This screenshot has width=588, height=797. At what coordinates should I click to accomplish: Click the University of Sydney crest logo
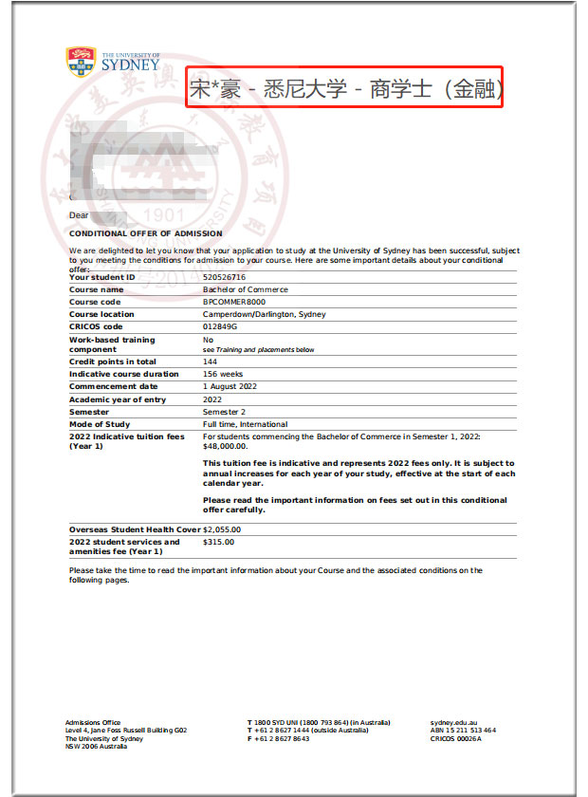tap(82, 62)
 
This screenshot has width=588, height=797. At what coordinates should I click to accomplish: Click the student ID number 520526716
tap(223, 277)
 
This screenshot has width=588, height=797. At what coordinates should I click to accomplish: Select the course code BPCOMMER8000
tap(234, 302)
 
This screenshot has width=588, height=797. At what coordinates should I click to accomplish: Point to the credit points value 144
tap(210, 361)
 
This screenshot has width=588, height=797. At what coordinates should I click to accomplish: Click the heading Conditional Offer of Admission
tap(146, 233)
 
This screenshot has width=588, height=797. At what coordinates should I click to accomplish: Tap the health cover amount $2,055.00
tap(222, 529)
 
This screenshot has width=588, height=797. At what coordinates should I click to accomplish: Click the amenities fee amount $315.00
tap(218, 542)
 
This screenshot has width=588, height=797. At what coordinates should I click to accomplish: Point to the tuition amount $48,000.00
tap(225, 445)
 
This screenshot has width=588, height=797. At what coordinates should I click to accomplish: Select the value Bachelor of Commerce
tap(246, 289)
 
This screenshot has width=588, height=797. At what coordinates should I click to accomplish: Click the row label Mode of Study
tap(101, 424)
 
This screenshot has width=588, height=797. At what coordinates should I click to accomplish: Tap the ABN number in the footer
tap(463, 731)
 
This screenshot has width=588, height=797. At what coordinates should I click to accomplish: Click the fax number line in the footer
tap(279, 739)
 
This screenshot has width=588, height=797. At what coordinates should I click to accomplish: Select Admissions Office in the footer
tap(93, 722)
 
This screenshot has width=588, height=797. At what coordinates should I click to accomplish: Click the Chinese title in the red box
tap(344, 90)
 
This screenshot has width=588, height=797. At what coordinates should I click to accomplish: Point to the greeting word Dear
tap(79, 215)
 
